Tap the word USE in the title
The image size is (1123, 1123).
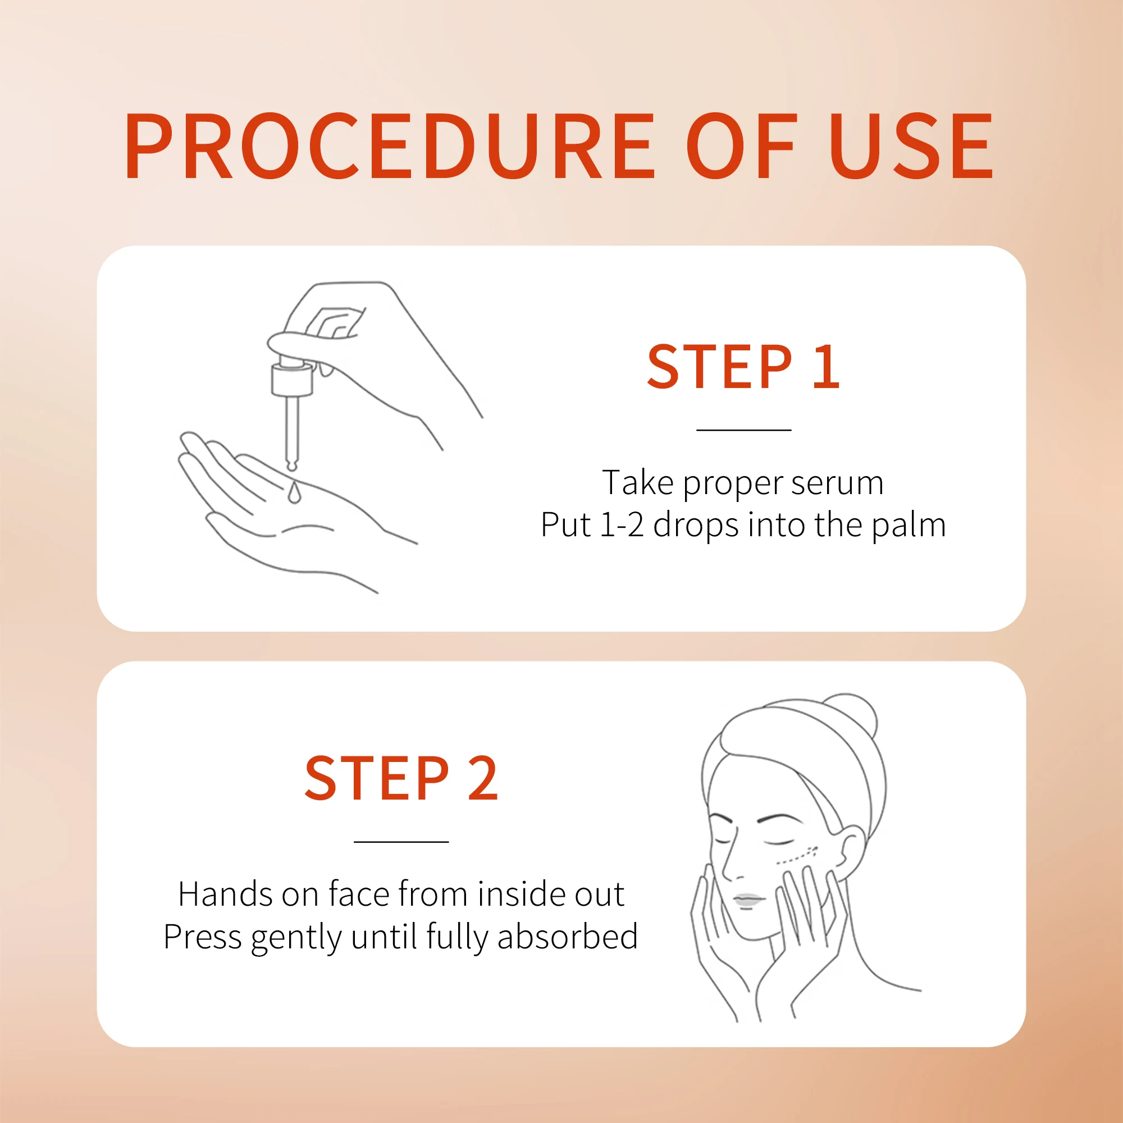(x=911, y=146)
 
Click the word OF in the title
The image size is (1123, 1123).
(x=741, y=146)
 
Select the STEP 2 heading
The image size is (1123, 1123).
(x=401, y=779)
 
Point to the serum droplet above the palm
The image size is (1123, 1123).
(x=294, y=494)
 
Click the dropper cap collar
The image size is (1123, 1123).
(x=292, y=380)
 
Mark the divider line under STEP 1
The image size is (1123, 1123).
(x=743, y=430)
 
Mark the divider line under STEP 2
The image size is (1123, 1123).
(x=401, y=842)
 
